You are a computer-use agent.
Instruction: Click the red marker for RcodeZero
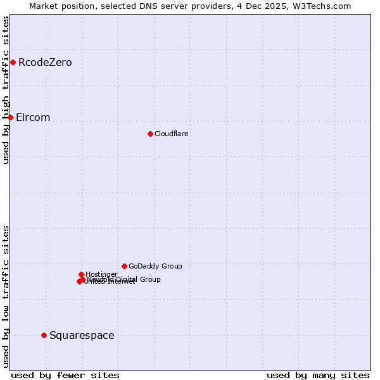point(13,62)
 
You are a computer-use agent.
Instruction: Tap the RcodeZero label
point(45,62)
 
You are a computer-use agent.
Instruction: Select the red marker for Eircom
point(10,117)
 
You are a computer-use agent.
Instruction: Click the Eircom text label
point(33,118)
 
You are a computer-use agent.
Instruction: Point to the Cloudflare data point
point(150,134)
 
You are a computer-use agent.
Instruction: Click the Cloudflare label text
point(171,134)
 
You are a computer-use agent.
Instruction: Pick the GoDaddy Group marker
point(124,266)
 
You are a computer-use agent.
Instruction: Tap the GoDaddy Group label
point(155,266)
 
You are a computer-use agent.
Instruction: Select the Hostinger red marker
point(81,274)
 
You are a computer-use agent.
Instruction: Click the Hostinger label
point(101,274)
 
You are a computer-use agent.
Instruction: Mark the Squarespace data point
point(44,335)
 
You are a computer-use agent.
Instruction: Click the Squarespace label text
point(82,335)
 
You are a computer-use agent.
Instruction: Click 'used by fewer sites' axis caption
point(65,375)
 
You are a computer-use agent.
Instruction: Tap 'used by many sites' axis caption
point(318,375)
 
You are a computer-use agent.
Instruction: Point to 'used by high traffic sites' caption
point(6,90)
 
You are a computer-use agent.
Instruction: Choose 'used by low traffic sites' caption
point(6,296)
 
